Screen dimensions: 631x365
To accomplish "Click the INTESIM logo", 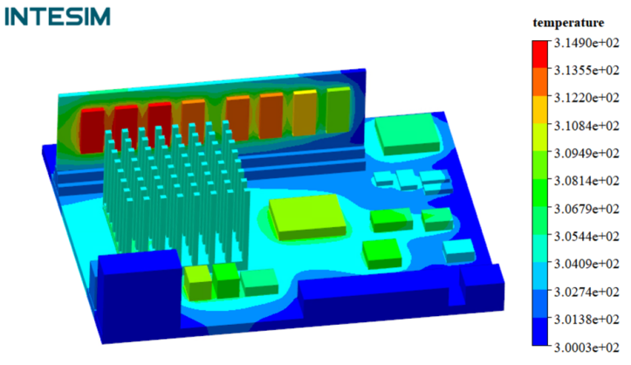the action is (x=58, y=17).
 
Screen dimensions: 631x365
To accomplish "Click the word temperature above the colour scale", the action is (x=568, y=23).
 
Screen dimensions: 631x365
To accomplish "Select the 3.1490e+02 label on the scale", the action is (x=586, y=43).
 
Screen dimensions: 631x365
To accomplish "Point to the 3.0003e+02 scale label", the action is (x=586, y=347).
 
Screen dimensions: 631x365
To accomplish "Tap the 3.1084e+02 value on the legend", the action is (x=586, y=126).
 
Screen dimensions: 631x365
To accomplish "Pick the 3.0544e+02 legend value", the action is (x=586, y=237).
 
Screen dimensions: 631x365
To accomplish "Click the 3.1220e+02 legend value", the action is (x=586, y=98).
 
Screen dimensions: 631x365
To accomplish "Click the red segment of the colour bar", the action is (x=540, y=54).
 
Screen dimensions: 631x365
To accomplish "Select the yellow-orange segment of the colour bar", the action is (x=540, y=109).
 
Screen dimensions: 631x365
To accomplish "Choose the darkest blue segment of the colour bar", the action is (x=540, y=332).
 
